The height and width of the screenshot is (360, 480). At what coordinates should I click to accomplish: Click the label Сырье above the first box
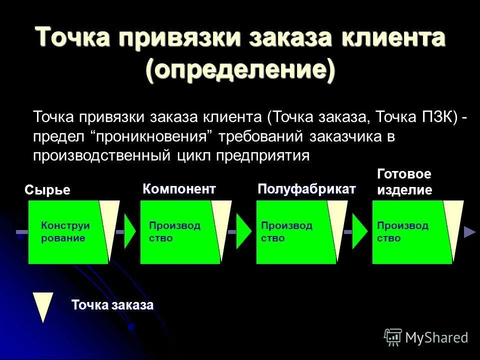(47, 190)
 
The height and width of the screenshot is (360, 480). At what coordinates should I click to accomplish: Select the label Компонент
(179, 189)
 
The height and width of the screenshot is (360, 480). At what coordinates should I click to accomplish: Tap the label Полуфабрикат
(306, 189)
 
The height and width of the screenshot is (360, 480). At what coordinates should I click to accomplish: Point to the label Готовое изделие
(404, 182)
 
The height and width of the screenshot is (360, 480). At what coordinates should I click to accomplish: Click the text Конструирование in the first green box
(62, 232)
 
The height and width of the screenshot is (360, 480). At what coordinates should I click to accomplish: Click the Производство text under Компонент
(174, 232)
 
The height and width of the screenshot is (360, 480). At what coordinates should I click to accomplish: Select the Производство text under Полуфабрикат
(286, 232)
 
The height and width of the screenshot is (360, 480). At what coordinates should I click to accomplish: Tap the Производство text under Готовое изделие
(402, 232)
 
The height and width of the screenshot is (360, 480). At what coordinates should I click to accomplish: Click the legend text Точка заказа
(112, 305)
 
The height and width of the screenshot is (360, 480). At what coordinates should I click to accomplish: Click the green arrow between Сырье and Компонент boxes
(130, 232)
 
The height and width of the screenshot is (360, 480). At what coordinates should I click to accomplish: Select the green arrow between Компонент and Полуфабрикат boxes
(243, 232)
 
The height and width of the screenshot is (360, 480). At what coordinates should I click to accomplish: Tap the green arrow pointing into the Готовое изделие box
(359, 232)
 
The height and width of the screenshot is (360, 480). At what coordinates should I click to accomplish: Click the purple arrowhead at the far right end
(469, 232)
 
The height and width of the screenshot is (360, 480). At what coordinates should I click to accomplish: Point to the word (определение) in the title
(240, 69)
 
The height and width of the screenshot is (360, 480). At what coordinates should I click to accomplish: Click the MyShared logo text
(436, 338)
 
